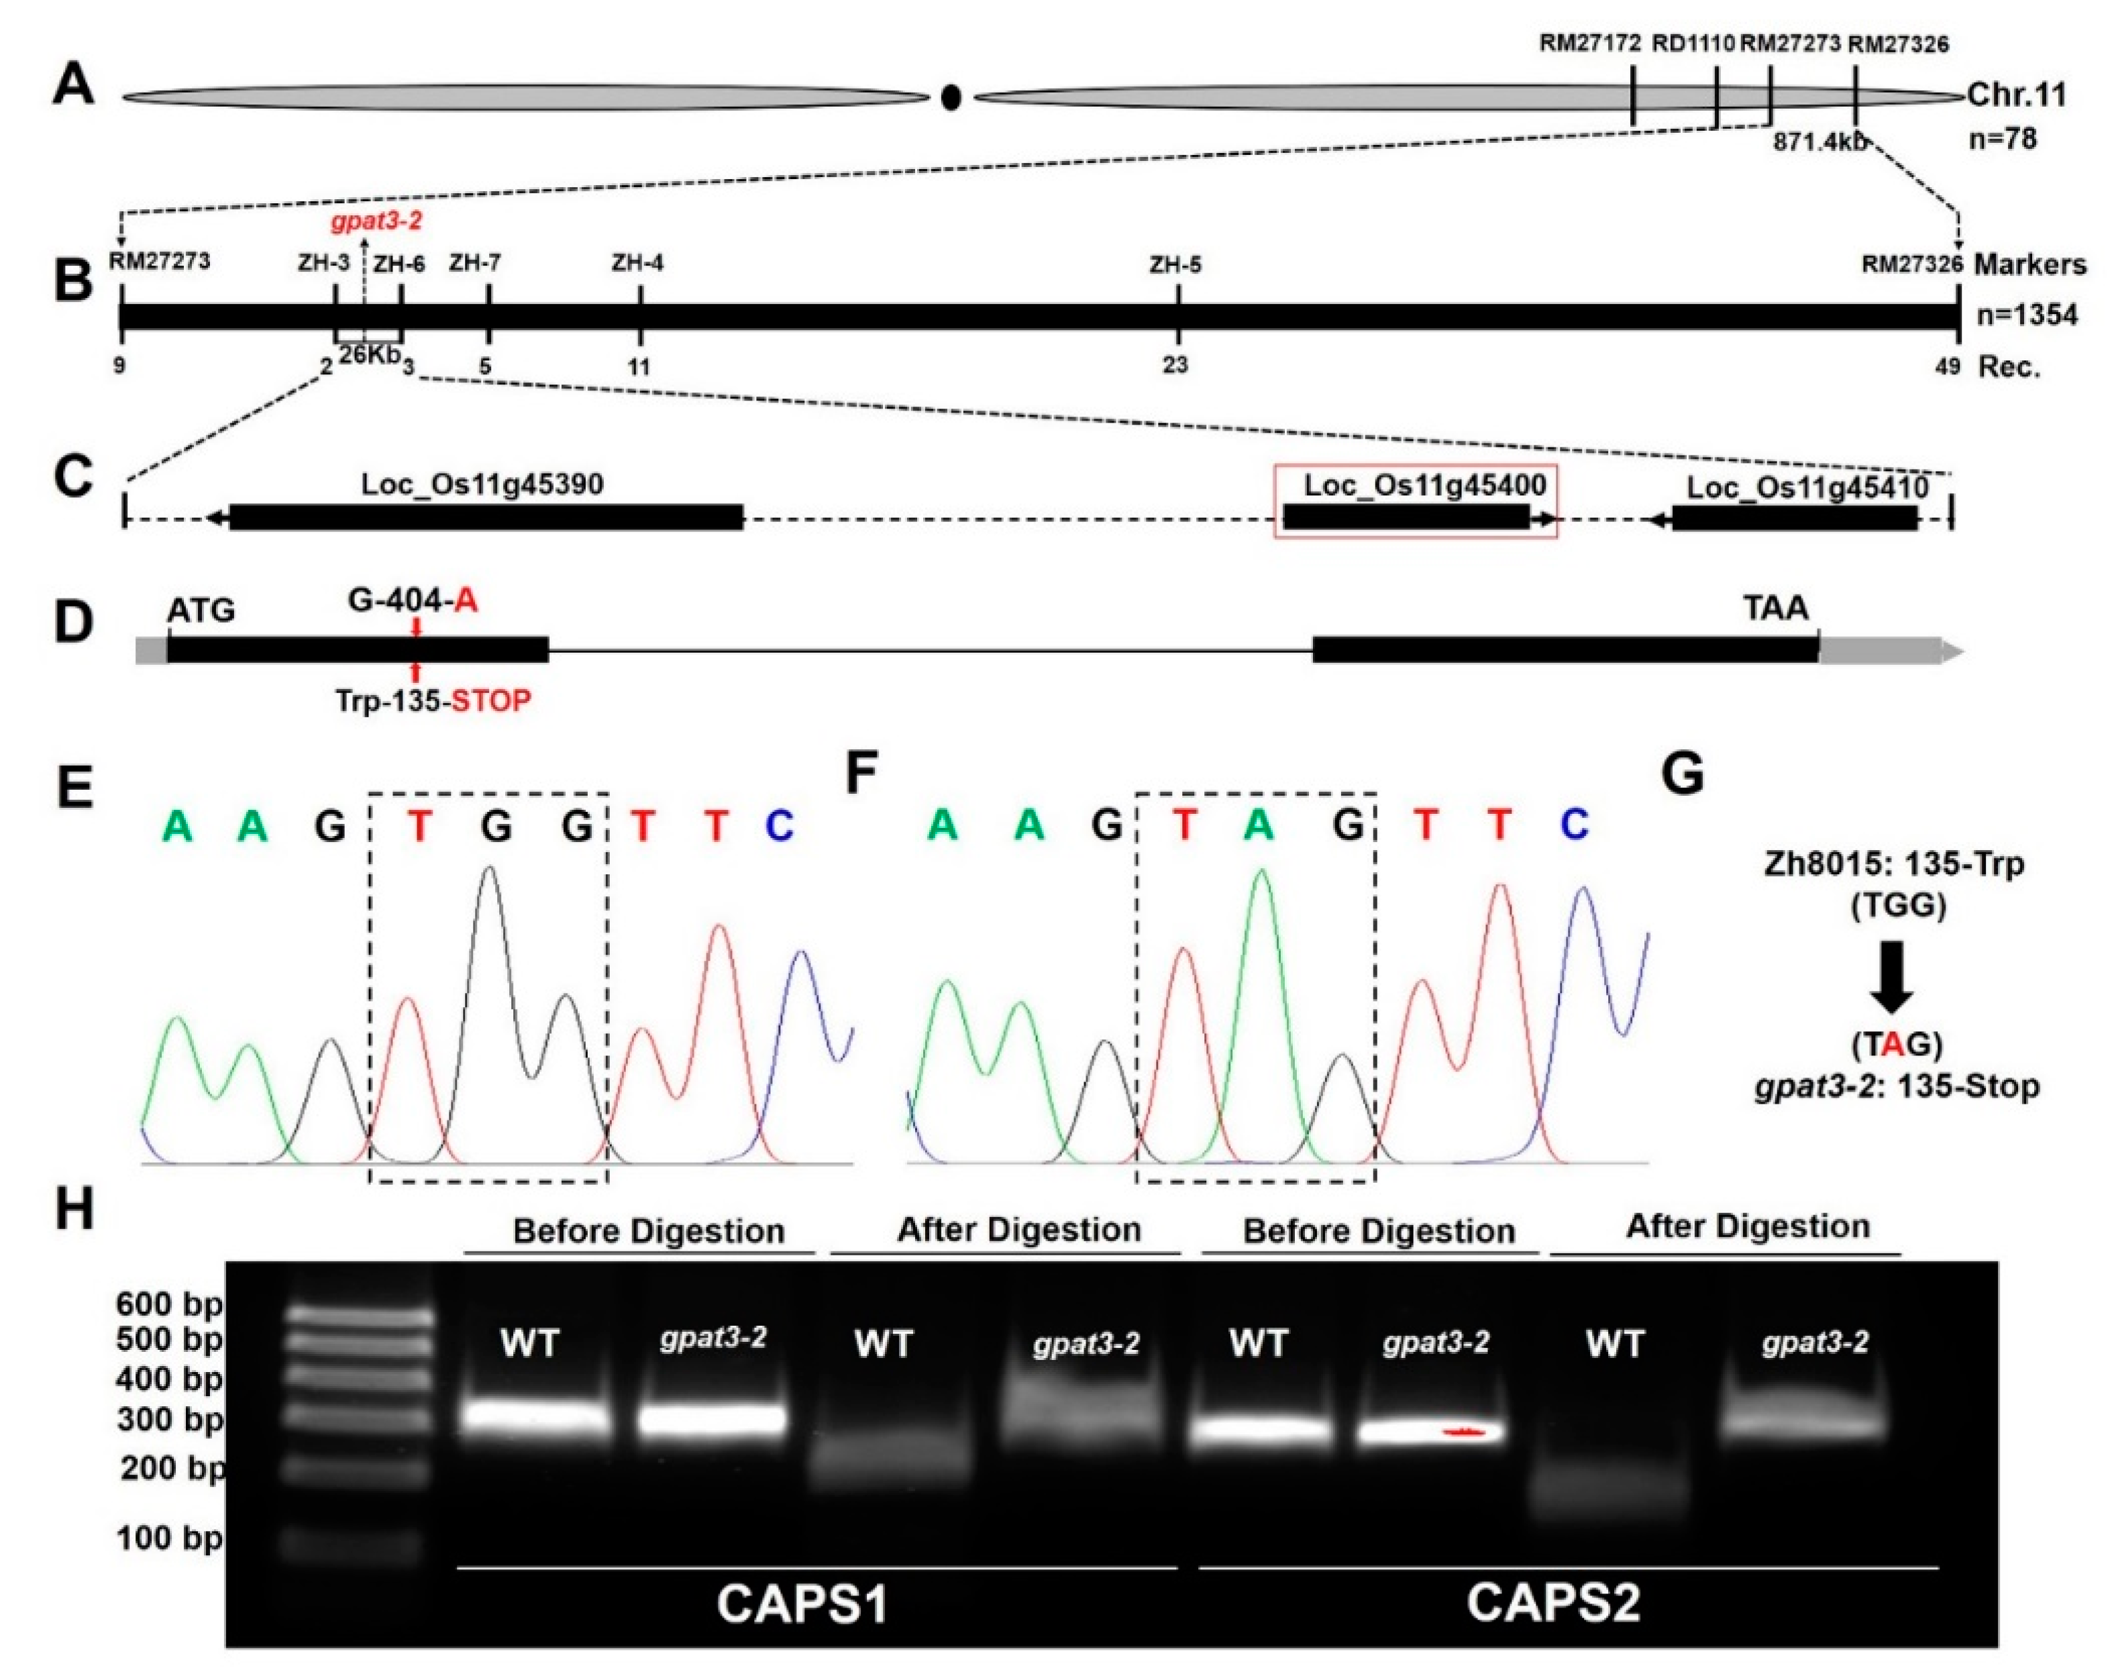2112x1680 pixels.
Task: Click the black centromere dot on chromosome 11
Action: point(950,97)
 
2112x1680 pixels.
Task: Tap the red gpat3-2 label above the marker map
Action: point(376,221)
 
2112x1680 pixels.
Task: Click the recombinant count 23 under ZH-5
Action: point(1175,366)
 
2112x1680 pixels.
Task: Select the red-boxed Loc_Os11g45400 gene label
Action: point(1424,485)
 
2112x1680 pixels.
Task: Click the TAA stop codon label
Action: point(1775,609)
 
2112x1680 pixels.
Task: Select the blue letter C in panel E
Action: point(779,827)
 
